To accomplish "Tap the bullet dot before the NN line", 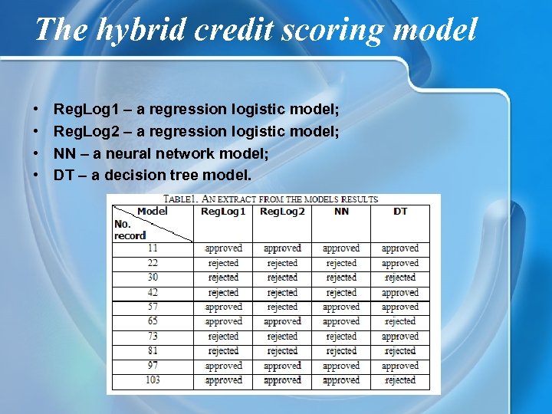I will pos(36,153).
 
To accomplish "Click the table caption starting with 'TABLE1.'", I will pos(274,199).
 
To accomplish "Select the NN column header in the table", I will pos(341,211).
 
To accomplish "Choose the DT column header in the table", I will pos(400,211).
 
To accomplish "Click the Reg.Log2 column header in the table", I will pos(282,211).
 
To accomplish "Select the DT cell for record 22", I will pos(400,263).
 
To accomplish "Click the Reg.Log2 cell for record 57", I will pos(282,307).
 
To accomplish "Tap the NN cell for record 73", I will pos(341,337).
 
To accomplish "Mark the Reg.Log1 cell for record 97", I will pos(223,366).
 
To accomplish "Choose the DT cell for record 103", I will pos(400,380).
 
